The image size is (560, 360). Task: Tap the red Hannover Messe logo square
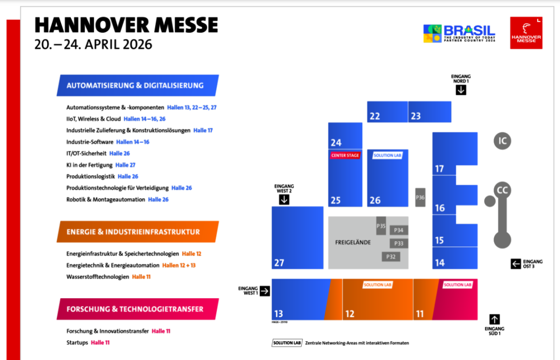tap(526, 33)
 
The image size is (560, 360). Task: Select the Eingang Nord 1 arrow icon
tap(461, 90)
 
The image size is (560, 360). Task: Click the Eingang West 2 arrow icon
tap(284, 199)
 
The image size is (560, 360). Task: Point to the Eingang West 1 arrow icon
tap(264, 290)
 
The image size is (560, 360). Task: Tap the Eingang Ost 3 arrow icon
tap(516, 264)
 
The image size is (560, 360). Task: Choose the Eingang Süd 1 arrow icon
tap(495, 319)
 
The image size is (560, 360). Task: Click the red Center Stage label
tap(345, 156)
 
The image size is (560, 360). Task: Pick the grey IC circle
tap(502, 141)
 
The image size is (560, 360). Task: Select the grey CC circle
tap(502, 190)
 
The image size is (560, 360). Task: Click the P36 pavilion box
tap(421, 197)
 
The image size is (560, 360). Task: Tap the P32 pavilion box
tap(391, 256)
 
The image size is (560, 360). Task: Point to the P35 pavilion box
tap(381, 226)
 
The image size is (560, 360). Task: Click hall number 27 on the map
tap(279, 263)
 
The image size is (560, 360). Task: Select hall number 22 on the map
tap(374, 116)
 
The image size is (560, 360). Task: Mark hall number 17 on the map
tap(440, 169)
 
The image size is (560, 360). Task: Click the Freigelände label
tap(353, 242)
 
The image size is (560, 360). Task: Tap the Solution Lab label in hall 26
tap(387, 155)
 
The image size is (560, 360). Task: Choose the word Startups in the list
tap(77, 342)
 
